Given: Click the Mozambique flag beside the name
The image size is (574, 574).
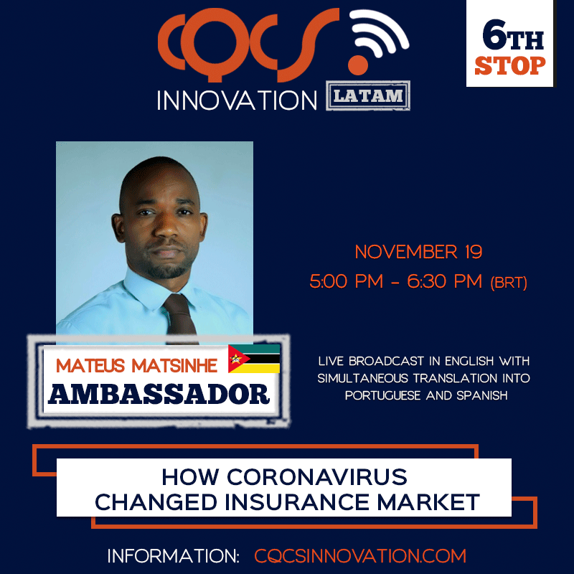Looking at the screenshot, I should tap(254, 359).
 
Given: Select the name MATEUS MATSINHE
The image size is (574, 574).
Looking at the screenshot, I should tap(138, 366).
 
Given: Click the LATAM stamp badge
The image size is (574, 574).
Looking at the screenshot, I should tap(369, 96).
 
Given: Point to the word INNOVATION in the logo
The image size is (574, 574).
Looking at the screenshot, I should tap(237, 100).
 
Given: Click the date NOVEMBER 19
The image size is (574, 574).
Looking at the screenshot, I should tap(418, 253).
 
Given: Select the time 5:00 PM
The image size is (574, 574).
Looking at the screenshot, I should tap(342, 282).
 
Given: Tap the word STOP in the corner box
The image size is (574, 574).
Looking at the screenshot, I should tap(510, 65).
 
